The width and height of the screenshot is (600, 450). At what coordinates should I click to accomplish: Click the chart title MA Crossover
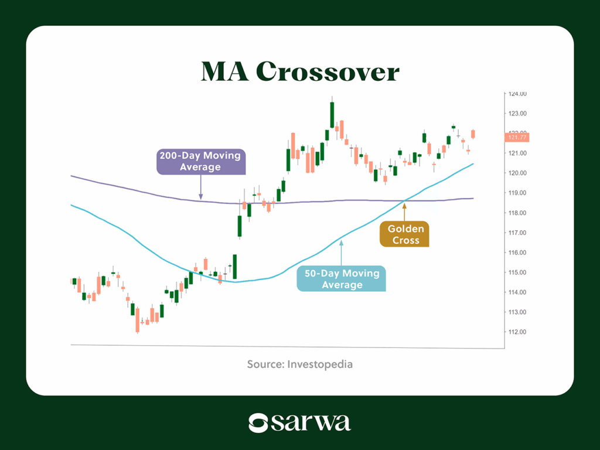(299, 71)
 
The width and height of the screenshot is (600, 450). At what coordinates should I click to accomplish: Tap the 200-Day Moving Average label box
(200, 161)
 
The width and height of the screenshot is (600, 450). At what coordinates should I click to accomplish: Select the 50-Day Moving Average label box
(342, 279)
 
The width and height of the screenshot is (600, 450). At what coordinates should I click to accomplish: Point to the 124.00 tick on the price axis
(517, 94)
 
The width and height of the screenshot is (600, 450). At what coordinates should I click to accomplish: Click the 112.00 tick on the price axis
(517, 332)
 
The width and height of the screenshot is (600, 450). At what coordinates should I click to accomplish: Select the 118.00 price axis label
(517, 213)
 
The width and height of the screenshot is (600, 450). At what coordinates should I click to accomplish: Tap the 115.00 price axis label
(517, 272)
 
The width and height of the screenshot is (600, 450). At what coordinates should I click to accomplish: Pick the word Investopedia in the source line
(319, 364)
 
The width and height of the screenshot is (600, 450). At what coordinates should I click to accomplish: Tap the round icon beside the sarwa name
(258, 423)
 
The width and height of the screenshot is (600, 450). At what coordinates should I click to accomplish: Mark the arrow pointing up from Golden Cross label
(404, 212)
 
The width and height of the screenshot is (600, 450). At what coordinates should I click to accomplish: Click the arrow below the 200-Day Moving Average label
(200, 187)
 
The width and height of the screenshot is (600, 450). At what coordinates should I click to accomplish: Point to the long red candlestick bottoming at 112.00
(137, 319)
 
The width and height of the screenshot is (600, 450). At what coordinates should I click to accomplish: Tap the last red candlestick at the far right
(473, 134)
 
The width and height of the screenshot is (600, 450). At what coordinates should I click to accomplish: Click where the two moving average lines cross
(404, 201)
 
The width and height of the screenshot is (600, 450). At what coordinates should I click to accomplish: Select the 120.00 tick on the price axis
(517, 173)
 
